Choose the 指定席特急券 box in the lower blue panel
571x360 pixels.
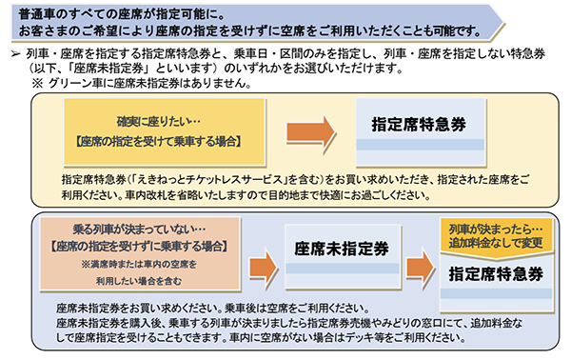click(496, 273)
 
